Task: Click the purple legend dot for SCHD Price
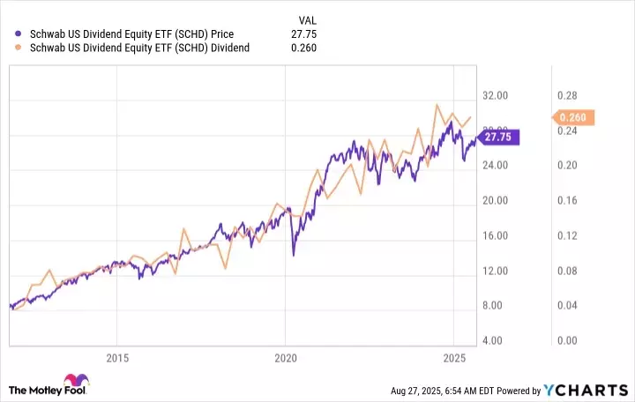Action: (19, 33)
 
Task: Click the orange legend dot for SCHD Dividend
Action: (19, 48)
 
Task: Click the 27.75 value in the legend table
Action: (302, 33)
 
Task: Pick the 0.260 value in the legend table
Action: (302, 48)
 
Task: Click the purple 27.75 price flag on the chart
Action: (499, 137)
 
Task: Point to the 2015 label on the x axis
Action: (117, 357)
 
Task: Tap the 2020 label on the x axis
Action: (286, 357)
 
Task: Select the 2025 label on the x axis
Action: (453, 357)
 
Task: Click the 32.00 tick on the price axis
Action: (499, 95)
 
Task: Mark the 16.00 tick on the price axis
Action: (499, 235)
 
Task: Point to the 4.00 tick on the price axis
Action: (499, 340)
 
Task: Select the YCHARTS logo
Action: (598, 390)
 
